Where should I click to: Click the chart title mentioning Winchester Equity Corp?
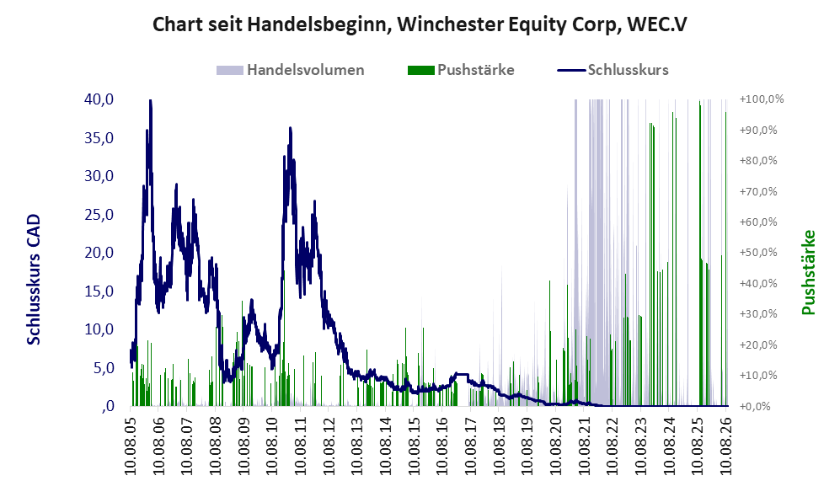[x=420, y=24]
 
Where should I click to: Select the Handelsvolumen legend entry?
[x=291, y=70]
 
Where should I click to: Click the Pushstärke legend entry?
[x=461, y=70]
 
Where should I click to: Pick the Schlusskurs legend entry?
[x=613, y=70]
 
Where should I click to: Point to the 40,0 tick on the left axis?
[x=99, y=99]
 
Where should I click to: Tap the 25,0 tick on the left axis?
[x=99, y=214]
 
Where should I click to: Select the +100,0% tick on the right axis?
[x=762, y=99]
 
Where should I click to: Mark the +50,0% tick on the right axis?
[x=758, y=252]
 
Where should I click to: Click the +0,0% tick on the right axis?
[x=756, y=406]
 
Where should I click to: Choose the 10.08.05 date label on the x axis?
[x=131, y=443]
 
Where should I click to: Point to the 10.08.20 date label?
[x=555, y=443]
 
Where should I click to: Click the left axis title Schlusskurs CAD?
[x=34, y=280]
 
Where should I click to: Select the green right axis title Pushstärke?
[x=808, y=273]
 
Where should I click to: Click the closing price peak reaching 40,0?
[x=151, y=101]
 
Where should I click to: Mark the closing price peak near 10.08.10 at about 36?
[x=290, y=129]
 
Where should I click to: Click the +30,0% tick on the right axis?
[x=758, y=314]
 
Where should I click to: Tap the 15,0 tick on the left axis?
[x=99, y=291]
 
